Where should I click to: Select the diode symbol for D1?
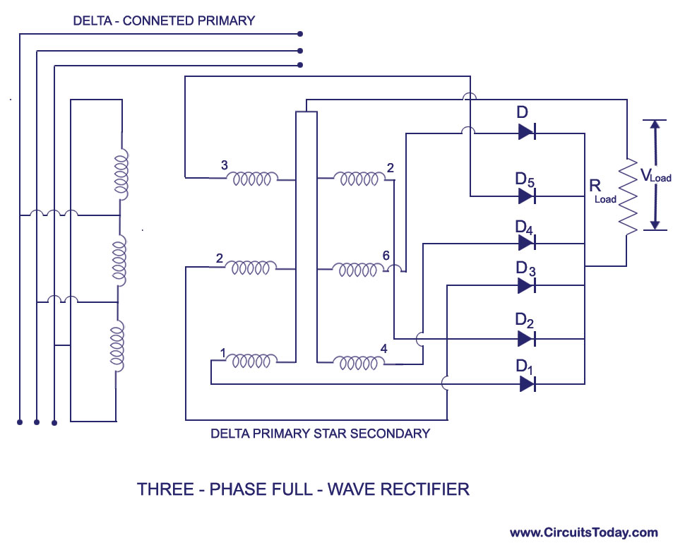tap(526, 383)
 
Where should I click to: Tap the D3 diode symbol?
tap(526, 285)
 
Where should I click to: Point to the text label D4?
tap(523, 227)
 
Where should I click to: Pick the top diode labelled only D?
tap(526, 131)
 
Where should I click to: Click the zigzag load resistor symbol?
tap(626, 197)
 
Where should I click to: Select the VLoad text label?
tap(655, 176)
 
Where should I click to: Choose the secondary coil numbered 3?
tap(252, 179)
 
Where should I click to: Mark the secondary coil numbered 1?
tap(252, 362)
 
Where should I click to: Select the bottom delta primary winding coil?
tap(117, 344)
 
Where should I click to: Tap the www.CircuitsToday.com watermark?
tap(583, 532)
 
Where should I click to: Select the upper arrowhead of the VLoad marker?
tap(655, 127)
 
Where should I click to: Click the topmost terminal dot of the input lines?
tap(301, 33)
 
